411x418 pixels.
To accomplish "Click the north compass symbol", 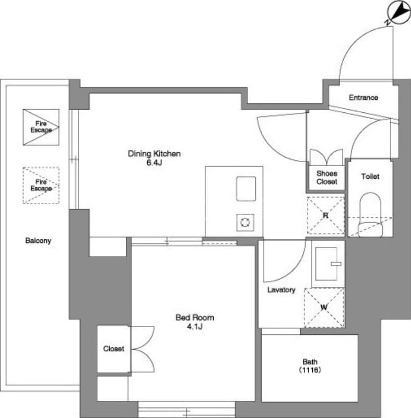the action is point(399,13).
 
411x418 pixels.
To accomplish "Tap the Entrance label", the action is point(363,98).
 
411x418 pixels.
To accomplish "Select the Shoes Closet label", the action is point(327,178).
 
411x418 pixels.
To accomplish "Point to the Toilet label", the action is point(370,176).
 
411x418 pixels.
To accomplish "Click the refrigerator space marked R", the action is point(326,216).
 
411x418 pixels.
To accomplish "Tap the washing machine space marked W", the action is point(324,308).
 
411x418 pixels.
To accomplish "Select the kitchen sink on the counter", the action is point(246,189).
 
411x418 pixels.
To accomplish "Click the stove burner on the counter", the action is point(245,223).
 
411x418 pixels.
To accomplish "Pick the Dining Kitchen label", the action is point(154,154).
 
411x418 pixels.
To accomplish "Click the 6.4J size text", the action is point(154,162).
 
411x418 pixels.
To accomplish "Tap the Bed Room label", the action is point(195,318).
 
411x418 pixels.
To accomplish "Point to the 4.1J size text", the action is point(195,327).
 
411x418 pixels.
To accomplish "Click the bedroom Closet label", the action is point(113,349).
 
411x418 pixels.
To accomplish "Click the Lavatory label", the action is point(281,290).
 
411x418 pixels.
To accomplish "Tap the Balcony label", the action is point(38,240).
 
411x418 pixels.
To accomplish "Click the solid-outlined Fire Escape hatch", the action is point(41,127).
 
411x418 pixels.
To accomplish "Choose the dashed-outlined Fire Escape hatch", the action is point(41,185).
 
